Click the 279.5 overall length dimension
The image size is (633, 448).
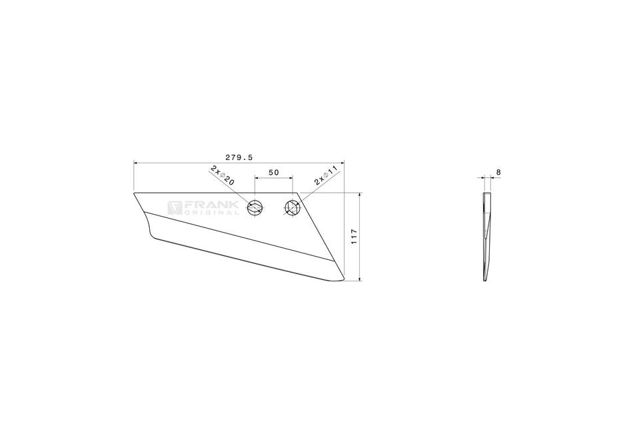click(239, 157)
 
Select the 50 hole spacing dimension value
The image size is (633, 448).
click(273, 173)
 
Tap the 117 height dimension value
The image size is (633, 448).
click(354, 237)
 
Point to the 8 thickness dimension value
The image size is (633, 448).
click(498, 173)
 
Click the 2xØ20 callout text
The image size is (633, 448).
click(222, 175)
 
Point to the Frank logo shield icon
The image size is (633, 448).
click(174, 208)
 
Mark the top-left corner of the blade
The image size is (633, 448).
click(135, 193)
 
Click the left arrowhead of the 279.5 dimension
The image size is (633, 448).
click(136, 162)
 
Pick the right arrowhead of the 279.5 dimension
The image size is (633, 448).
click(342, 162)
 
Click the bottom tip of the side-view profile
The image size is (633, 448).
click(486, 280)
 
